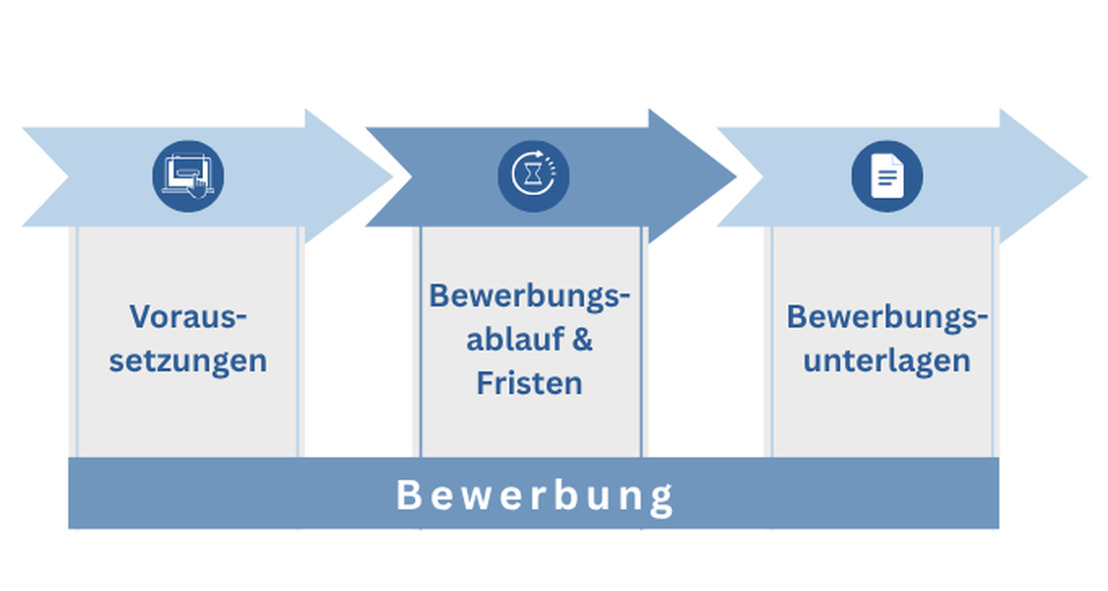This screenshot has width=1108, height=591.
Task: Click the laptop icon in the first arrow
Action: (x=188, y=176)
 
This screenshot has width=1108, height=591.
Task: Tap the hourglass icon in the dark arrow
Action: (x=534, y=176)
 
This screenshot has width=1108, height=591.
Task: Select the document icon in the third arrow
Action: (x=886, y=176)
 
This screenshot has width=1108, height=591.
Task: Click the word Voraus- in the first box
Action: (x=188, y=316)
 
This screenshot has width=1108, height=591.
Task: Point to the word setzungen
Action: (x=188, y=361)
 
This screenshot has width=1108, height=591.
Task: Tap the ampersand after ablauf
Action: (x=582, y=339)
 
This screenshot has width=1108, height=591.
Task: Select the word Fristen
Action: (x=529, y=383)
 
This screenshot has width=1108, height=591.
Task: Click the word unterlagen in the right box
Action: (x=886, y=361)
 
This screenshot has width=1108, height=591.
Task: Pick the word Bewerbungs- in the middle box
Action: (x=529, y=295)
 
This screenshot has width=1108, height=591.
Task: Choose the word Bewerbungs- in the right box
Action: (x=886, y=317)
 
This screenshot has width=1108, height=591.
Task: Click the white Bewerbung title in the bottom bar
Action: (x=534, y=495)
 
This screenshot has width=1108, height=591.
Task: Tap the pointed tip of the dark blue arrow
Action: (x=737, y=176)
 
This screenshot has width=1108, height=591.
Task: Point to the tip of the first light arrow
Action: (x=392, y=176)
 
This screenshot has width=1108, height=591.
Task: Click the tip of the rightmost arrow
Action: (x=1087, y=176)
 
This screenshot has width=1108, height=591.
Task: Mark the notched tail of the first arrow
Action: (x=68, y=176)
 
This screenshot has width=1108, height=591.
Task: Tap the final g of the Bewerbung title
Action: (x=662, y=500)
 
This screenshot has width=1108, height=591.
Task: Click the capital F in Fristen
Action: (x=485, y=383)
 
